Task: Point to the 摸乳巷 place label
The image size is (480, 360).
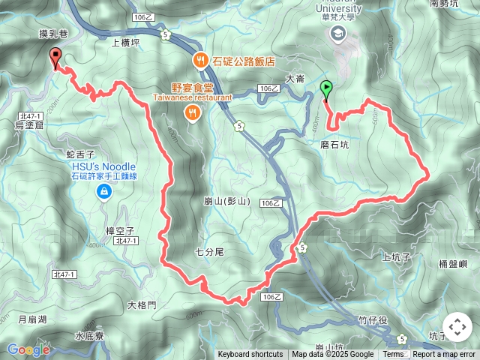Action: coord(54,34)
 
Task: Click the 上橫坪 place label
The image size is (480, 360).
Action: coord(125,43)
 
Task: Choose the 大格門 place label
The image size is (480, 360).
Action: coord(142,304)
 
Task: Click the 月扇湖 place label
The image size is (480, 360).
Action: coord(32,319)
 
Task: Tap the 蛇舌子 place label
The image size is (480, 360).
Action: coord(80,153)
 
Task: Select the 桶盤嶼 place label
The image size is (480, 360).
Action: coord(453,264)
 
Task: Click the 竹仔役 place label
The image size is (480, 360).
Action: coord(372,319)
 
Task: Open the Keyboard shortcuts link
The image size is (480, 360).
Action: coord(250,355)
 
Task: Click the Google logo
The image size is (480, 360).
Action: coord(28,349)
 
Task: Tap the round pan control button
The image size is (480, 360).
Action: coord(457,328)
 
